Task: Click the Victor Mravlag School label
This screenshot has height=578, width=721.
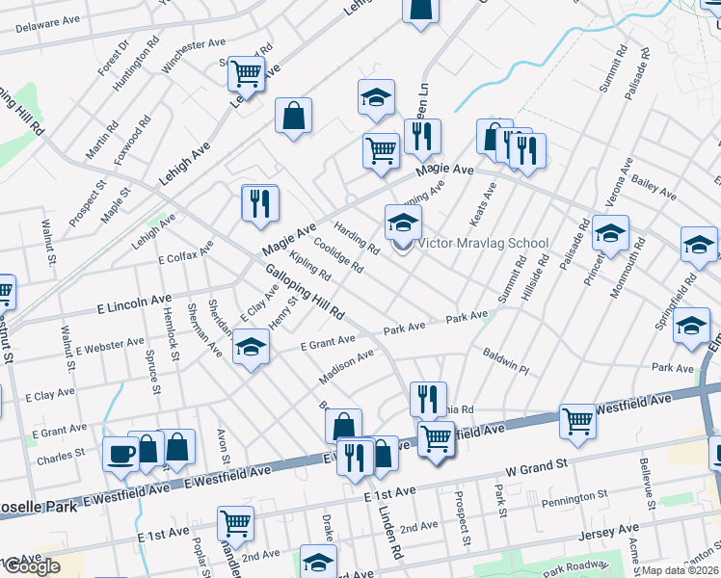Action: (483, 244)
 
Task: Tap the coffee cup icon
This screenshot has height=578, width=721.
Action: (120, 455)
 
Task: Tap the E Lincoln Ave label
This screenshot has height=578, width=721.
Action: (134, 304)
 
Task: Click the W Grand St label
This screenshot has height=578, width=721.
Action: (537, 470)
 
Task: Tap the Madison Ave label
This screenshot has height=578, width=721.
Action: (346, 367)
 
